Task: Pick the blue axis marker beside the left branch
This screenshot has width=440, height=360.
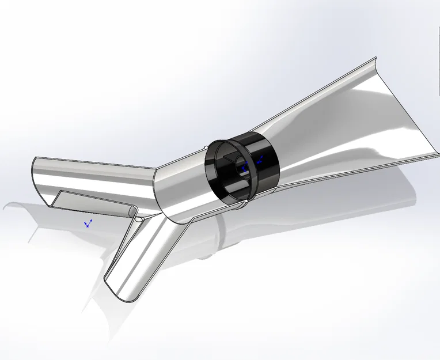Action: click(88, 222)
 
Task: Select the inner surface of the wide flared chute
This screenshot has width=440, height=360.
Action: click(346, 127)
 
